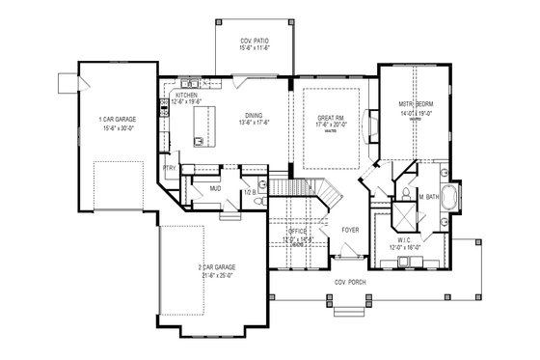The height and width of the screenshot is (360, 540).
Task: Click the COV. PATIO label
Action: pos(253,41)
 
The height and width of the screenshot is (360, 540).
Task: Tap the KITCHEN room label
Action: pos(186,97)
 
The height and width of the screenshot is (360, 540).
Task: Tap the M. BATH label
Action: pos(428,197)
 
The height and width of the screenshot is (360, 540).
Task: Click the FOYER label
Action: pos(349,231)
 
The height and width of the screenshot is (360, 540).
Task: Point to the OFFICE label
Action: pos(296,231)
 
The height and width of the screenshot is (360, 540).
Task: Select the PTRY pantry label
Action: pos(170,168)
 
